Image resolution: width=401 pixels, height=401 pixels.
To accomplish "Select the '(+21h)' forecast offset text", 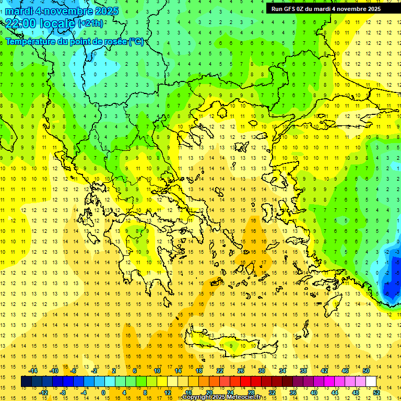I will (x=90, y=23).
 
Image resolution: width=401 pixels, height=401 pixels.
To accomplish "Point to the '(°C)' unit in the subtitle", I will (x=136, y=41).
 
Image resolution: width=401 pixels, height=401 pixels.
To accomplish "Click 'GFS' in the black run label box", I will (x=291, y=8).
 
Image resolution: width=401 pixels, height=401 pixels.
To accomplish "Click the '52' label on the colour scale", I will (x=376, y=392).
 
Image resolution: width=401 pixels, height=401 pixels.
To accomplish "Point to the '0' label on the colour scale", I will (x=103, y=392).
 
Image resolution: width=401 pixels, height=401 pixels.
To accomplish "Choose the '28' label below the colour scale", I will (x=251, y=392).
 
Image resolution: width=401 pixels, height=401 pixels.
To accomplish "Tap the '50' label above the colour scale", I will (x=366, y=371).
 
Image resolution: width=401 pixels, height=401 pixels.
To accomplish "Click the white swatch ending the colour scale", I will (x=371, y=381).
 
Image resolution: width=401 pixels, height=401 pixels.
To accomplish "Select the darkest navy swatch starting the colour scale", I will (x=27, y=381).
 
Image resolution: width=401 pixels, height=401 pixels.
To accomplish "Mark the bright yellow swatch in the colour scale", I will (x=172, y=381).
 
